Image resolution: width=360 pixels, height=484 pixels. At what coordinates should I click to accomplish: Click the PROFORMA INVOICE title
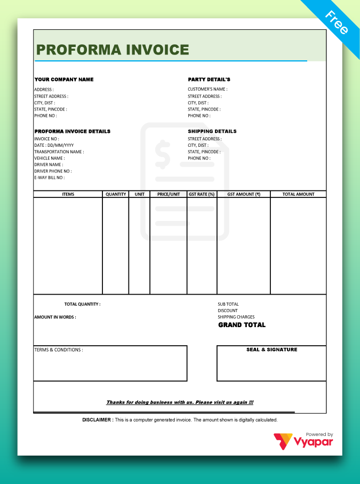[113, 50]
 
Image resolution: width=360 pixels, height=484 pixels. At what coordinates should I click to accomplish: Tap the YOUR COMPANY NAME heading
[64, 80]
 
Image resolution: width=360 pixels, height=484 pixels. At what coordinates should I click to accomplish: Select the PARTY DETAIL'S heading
[209, 80]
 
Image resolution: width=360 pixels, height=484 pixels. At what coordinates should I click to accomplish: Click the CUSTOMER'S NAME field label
[207, 90]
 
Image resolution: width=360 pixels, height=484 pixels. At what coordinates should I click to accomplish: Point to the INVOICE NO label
[46, 139]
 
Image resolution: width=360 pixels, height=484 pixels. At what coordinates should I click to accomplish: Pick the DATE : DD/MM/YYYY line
[54, 145]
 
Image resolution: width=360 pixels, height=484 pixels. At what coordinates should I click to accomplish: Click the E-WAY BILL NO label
[49, 177]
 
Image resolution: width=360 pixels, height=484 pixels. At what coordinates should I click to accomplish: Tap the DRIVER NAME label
[49, 164]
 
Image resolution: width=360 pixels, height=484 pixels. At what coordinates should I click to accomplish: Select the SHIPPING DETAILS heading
[212, 131]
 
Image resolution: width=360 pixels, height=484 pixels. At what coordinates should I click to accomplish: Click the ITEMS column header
[68, 194]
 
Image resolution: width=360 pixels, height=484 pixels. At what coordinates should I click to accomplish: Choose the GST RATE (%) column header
[202, 194]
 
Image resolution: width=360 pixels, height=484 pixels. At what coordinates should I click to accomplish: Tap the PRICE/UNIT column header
[169, 194]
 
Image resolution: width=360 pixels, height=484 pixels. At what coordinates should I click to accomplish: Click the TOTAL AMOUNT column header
[298, 194]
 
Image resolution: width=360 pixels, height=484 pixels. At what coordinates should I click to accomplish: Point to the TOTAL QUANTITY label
[82, 304]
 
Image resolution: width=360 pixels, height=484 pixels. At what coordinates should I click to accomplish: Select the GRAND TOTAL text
[242, 325]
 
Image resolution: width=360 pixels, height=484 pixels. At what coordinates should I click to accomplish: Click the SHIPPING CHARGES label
[236, 317]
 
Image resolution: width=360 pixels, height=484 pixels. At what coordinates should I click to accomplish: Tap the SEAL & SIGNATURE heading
[271, 350]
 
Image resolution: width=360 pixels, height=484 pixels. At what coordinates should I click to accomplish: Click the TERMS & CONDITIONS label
[59, 350]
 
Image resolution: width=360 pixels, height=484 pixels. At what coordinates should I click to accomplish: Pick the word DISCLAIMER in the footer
[97, 420]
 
